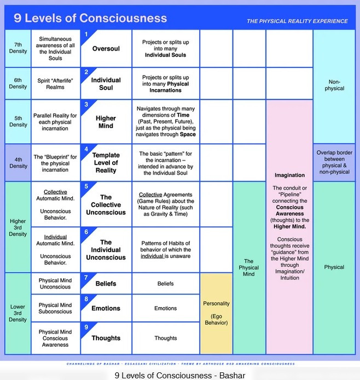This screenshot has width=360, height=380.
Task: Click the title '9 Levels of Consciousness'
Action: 90,17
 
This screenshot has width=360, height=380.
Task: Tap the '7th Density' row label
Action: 18,48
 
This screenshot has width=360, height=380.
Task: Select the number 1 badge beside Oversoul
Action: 85,34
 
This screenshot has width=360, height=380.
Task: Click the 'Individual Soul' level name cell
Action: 106,84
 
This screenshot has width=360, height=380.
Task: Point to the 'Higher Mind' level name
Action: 106,122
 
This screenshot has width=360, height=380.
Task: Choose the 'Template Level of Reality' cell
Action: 106,162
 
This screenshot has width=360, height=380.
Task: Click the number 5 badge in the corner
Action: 85,186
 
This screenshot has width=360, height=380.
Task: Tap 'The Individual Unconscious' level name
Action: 106,250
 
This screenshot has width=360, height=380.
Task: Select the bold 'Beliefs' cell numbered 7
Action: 106,284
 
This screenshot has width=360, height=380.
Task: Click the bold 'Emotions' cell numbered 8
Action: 106,308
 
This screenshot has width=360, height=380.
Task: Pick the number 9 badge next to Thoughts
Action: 85,327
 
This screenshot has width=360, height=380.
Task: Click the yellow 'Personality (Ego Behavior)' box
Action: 216,313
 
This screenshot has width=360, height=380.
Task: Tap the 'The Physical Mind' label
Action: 249,267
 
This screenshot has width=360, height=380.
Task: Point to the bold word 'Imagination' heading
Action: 289,176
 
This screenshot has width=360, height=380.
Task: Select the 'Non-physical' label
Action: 334,85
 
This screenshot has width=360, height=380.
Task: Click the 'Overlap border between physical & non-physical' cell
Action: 334,162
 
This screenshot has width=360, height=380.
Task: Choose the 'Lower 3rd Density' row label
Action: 18,313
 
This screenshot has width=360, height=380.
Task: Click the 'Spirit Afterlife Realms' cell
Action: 55,83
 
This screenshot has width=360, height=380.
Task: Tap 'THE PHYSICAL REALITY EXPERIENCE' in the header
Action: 297,21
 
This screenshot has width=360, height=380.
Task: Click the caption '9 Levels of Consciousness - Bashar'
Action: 180,375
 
